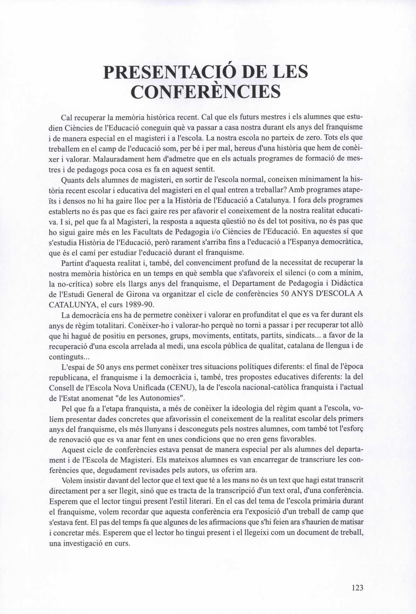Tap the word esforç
[354, 429]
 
